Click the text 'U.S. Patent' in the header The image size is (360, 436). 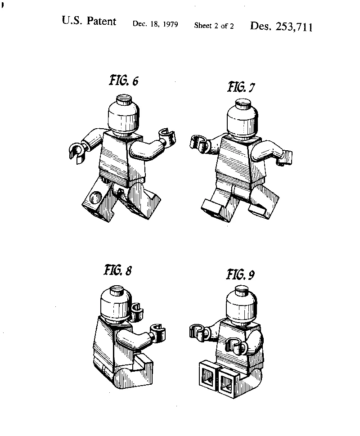[89, 21]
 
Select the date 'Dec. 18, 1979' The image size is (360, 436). [155, 24]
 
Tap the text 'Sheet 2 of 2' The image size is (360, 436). [214, 26]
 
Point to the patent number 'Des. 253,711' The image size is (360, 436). [281, 27]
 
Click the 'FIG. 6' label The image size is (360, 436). [124, 81]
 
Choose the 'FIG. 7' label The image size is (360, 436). [241, 87]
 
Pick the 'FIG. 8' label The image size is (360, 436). [118, 270]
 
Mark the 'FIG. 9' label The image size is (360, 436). [240, 274]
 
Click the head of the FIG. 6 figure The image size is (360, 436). [123, 115]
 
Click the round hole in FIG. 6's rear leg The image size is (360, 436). [96, 197]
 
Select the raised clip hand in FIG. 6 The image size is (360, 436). [167, 136]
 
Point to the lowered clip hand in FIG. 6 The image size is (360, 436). [77, 153]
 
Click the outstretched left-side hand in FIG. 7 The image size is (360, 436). [200, 143]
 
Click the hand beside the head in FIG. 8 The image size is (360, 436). [137, 312]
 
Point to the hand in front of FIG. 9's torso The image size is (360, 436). [237, 346]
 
